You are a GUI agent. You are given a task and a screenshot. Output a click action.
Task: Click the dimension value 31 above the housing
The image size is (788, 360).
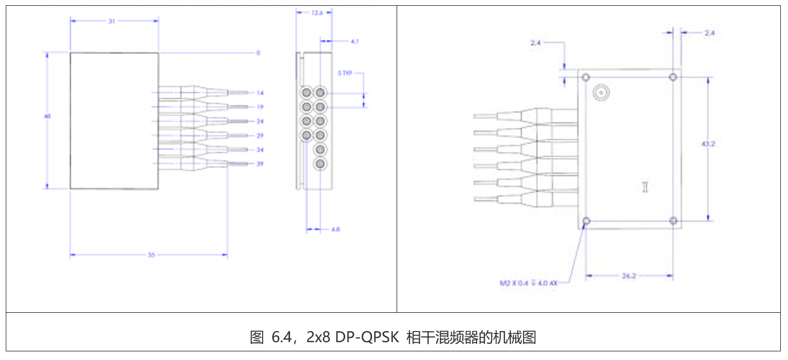(111, 21)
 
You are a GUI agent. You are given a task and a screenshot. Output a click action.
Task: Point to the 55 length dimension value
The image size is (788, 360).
(151, 255)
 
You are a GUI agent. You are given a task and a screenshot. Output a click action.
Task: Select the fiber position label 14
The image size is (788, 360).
(260, 93)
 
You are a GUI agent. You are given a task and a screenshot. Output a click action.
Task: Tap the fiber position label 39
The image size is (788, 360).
(260, 164)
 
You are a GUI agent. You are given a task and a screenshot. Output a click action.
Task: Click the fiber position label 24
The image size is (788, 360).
(260, 121)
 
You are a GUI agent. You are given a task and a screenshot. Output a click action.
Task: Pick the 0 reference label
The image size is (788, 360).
(258, 53)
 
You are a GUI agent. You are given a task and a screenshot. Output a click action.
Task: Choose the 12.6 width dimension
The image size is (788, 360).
(317, 13)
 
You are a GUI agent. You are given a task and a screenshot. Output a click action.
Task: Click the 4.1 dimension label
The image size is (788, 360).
(355, 41)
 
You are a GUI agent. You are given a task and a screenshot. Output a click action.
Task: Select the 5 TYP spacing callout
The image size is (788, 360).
(345, 73)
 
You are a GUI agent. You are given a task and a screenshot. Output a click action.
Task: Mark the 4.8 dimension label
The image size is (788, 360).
(335, 229)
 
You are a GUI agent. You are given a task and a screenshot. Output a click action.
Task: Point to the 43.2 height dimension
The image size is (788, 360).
(708, 144)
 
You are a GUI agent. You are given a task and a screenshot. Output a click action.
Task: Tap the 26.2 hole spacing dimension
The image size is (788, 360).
(629, 276)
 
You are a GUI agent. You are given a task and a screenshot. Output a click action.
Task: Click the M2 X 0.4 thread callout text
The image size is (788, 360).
(528, 283)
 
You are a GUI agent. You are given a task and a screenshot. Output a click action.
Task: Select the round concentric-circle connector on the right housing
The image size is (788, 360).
(601, 93)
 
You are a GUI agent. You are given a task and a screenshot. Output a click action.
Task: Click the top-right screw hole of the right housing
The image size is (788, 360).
(673, 77)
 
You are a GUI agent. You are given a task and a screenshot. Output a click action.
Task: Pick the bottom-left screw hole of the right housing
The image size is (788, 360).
(586, 221)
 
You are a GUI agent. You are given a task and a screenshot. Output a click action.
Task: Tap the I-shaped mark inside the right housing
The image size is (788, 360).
(645, 187)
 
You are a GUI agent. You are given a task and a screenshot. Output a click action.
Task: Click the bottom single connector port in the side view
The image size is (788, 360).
(320, 164)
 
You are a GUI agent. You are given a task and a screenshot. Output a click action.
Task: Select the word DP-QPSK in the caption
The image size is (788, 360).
(367, 337)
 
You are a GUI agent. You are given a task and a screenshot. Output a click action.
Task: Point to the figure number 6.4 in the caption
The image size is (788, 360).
(282, 337)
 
